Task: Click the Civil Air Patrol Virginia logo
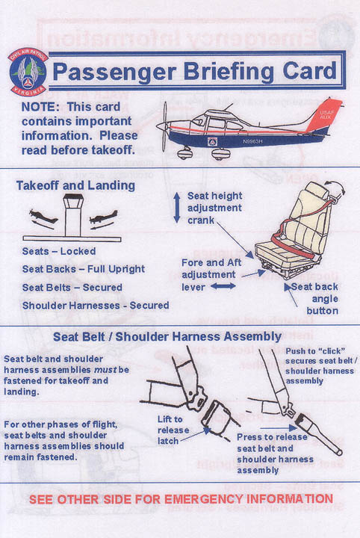[28, 70]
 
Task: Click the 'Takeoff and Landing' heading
[75, 185]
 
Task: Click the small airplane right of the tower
[103, 218]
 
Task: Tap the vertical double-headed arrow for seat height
[176, 207]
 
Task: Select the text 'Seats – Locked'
[58, 252]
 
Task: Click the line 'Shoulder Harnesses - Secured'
[96, 305]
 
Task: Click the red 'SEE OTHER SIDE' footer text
[179, 498]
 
